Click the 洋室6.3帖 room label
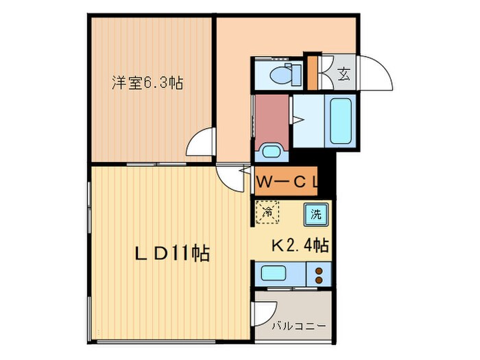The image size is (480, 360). coord(147,83)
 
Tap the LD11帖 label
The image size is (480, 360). coord(171,253)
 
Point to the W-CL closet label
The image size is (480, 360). coord(286,182)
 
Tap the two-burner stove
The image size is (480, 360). coord(319,276)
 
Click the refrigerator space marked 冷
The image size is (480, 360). coord(269,212)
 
